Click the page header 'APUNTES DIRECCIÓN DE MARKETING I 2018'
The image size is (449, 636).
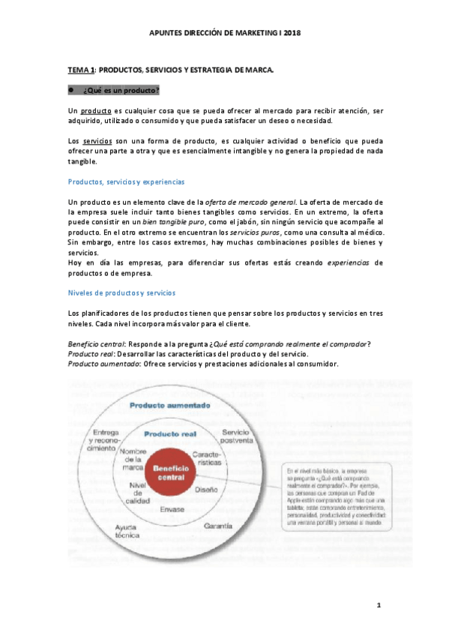tap(224, 34)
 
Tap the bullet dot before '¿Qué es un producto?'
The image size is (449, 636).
tap(70, 90)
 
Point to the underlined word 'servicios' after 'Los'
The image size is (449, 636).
tap(97, 142)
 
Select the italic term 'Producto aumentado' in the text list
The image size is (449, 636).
tap(100, 364)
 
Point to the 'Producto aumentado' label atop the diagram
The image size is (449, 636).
tap(169, 406)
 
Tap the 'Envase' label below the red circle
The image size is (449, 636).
tap(172, 509)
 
